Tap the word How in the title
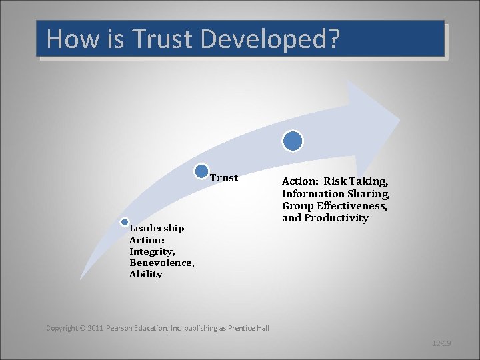point(71,39)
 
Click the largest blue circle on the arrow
point(292,141)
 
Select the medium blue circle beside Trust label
point(202,171)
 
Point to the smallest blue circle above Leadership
point(125,222)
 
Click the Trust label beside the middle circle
point(224,178)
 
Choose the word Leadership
point(157,228)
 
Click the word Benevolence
point(161,263)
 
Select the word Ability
point(146,274)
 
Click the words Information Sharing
point(335,194)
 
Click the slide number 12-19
point(441,343)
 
